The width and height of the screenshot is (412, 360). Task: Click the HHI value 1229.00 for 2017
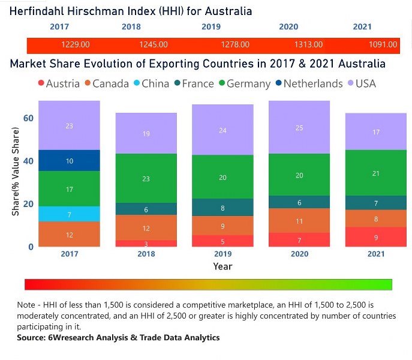click(x=76, y=44)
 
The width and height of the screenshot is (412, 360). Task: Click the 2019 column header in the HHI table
click(x=210, y=27)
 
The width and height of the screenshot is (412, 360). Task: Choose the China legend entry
click(x=150, y=83)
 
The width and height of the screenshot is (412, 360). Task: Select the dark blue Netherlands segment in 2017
click(x=70, y=161)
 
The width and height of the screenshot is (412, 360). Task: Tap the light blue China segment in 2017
click(x=70, y=214)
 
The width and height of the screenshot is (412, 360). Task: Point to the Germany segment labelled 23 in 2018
click(x=146, y=178)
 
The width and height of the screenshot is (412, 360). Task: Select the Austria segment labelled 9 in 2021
click(x=376, y=237)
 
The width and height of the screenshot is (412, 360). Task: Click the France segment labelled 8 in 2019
click(x=223, y=208)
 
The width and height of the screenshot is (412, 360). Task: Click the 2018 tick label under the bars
click(x=146, y=254)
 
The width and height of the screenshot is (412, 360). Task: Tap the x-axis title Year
click(x=222, y=266)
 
